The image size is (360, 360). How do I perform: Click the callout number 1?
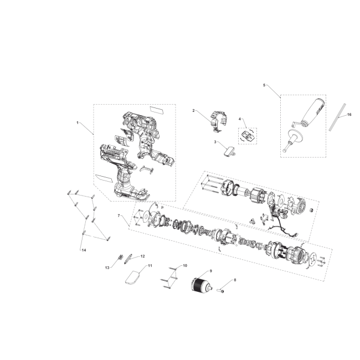(78, 123)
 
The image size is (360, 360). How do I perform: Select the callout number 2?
(193, 111)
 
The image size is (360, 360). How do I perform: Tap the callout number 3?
(215, 142)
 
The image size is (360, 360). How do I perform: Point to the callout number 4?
(240, 119)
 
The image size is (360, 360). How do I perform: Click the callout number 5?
(264, 85)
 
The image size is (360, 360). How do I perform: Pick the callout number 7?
(119, 215)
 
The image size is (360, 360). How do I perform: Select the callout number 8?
(235, 280)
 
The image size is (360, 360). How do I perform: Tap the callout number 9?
(211, 271)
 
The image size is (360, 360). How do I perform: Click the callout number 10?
(185, 266)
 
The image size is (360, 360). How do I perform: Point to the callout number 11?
(150, 266)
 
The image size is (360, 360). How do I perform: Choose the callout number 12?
(142, 256)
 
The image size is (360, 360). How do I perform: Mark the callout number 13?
(107, 268)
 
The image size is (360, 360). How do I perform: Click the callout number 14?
(84, 250)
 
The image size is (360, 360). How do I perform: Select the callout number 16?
(349, 115)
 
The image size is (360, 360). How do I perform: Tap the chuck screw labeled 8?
(220, 291)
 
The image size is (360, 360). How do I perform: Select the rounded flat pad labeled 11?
(132, 278)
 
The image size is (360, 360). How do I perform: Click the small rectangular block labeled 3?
(229, 151)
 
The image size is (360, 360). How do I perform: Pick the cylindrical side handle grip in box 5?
(312, 112)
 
